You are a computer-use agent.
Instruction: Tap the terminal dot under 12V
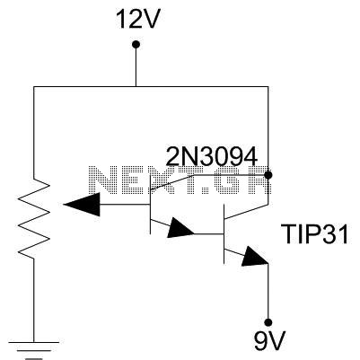tap(136, 45)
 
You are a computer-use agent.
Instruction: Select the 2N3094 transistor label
tap(212, 156)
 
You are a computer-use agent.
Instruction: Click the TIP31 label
tap(315, 234)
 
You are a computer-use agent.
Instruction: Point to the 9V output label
tap(269, 340)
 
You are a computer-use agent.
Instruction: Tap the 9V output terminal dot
tap(268, 322)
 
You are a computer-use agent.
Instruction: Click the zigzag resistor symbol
tap(34, 218)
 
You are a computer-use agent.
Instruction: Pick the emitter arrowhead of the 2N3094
tap(180, 228)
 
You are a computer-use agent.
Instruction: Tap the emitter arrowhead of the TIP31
tap(255, 257)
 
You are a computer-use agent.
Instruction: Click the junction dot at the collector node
tap(268, 175)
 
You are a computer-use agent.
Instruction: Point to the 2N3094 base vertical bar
tap(150, 205)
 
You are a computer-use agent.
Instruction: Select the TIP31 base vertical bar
tap(224, 234)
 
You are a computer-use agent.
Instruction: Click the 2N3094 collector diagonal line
tap(172, 182)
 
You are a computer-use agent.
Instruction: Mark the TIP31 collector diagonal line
tap(246, 212)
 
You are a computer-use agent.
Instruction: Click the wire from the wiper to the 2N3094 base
tap(125, 205)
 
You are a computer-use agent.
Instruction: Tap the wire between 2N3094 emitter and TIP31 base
tap(209, 233)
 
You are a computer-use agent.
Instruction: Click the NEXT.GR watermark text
tap(180, 180)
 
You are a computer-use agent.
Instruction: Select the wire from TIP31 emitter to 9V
tap(268, 291)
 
